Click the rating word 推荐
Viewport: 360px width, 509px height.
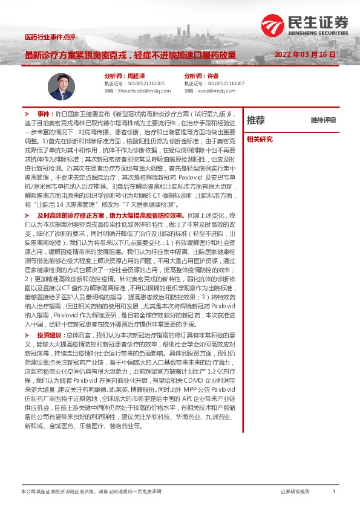255,120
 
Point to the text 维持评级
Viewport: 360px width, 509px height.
323,120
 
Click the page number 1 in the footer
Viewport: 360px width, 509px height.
334,492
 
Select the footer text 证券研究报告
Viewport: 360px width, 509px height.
295,492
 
